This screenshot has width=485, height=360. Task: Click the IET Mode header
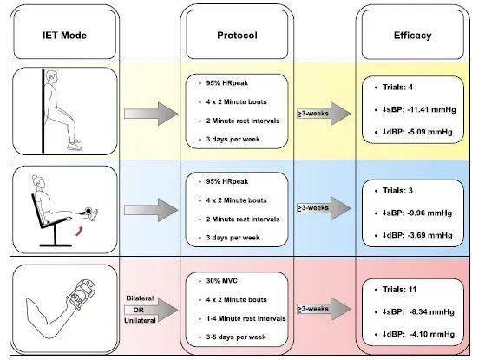pyautogui.click(x=65, y=36)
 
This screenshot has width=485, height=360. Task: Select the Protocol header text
pyautogui.click(x=237, y=36)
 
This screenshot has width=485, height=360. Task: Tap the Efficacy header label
pyautogui.click(x=413, y=36)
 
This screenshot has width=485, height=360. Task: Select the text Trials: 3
pyautogui.click(x=397, y=191)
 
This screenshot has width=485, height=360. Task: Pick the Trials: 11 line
pyautogui.click(x=400, y=290)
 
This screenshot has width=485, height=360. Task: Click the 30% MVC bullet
pyautogui.click(x=222, y=281)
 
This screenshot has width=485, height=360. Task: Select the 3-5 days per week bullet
pyautogui.click(x=236, y=337)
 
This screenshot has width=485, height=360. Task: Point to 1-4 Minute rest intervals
pyautogui.click(x=246, y=318)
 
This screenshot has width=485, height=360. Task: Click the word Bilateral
pyautogui.click(x=140, y=298)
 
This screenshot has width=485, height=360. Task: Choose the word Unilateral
pyautogui.click(x=140, y=321)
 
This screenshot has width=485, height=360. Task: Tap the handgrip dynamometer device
pyautogui.click(x=82, y=293)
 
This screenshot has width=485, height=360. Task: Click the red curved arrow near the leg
pyautogui.click(x=80, y=231)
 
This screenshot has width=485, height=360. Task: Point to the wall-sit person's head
pyautogui.click(x=51, y=76)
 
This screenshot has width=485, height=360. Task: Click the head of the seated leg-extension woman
pyautogui.click(x=38, y=181)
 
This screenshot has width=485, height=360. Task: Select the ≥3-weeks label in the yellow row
pyautogui.click(x=313, y=114)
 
